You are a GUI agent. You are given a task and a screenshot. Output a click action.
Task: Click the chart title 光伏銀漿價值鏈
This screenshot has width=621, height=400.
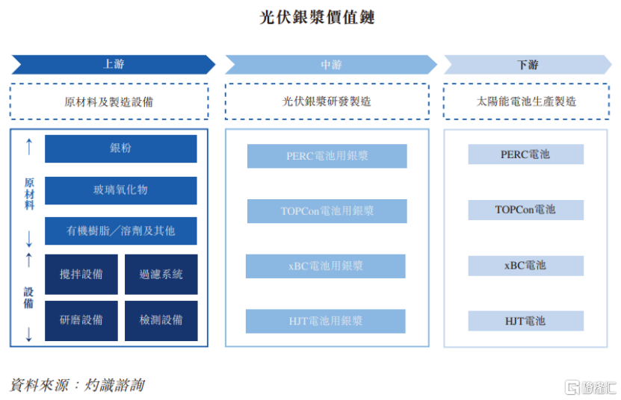(x=317, y=17)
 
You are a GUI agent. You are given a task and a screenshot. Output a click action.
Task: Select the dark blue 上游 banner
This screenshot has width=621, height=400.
(x=114, y=64)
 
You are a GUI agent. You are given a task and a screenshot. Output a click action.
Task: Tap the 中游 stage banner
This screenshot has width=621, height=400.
(x=331, y=64)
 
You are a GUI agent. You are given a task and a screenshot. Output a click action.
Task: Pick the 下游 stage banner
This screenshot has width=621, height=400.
(x=528, y=64)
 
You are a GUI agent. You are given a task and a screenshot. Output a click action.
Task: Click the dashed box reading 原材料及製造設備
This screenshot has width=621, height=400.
(x=109, y=101)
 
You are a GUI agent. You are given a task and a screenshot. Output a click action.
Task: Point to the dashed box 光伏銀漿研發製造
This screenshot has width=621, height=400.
(x=327, y=101)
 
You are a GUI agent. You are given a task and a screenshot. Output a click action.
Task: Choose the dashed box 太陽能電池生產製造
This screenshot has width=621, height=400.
(x=526, y=101)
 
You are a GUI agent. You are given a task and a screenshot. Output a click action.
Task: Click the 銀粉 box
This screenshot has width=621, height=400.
(x=121, y=149)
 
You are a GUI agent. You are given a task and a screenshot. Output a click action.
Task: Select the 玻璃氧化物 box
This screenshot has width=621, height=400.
(x=121, y=190)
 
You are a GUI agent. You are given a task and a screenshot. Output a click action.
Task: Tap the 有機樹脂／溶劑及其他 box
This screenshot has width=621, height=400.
(x=121, y=231)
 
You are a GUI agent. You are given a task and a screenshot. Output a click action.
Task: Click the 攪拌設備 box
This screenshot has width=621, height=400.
(x=81, y=274)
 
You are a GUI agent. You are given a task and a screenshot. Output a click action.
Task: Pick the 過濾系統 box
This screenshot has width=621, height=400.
(x=161, y=274)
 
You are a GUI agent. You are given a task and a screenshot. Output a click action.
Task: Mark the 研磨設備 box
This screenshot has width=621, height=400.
(x=81, y=320)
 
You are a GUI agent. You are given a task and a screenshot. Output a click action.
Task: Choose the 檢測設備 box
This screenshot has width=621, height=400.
(x=161, y=320)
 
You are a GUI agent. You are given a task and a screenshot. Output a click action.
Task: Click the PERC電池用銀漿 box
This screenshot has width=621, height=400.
(x=327, y=156)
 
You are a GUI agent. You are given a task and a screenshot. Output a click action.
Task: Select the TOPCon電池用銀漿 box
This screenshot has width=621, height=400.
(x=327, y=211)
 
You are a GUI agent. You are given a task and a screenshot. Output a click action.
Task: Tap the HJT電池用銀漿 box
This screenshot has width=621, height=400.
(x=326, y=321)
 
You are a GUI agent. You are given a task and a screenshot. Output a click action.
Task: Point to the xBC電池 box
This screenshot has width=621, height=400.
(x=525, y=266)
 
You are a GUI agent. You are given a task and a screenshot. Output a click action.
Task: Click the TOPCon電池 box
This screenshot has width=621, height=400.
(x=525, y=210)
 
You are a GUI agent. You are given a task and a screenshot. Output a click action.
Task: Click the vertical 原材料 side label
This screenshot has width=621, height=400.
(x=29, y=194)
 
